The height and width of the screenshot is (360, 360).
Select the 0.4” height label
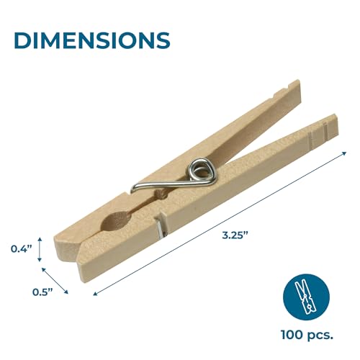point(22,249)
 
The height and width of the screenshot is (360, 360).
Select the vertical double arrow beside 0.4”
point(40,249)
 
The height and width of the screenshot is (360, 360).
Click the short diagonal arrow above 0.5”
point(55,281)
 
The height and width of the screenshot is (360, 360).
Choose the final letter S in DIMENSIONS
point(162,39)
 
